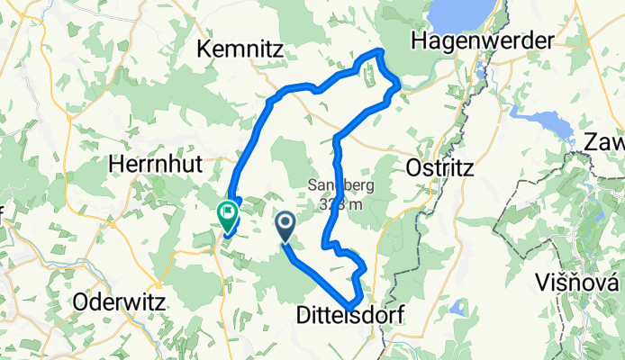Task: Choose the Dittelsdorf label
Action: tap(349, 315)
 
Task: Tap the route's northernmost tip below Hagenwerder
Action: tap(381, 52)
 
